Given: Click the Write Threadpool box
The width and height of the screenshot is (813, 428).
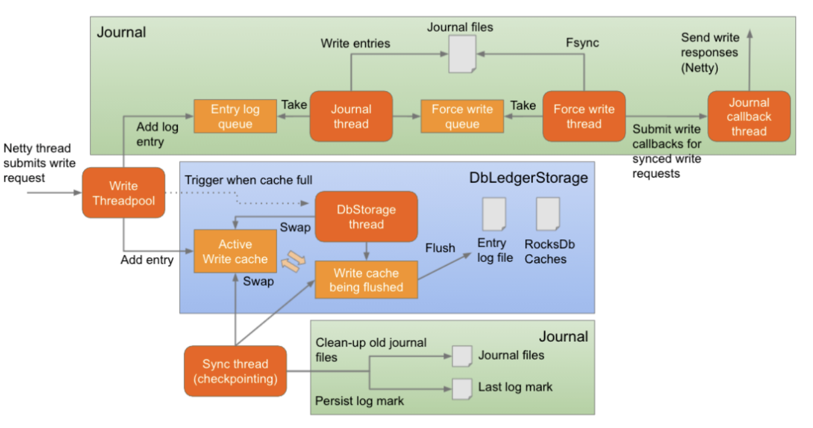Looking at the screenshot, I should coord(123,193).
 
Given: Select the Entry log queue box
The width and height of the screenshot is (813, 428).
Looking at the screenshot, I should coord(235,117).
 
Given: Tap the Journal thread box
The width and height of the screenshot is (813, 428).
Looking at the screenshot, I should coord(351,117).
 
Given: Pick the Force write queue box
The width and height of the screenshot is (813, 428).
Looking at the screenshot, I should coord(462,117).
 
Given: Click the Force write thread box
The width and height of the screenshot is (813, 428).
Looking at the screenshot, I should coord(583,117).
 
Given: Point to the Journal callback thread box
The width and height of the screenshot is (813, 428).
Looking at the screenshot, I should coord(749,117).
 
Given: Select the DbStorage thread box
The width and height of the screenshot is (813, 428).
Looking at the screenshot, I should coord(366,217).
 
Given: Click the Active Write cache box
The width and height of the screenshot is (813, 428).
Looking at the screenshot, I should coord(235,251).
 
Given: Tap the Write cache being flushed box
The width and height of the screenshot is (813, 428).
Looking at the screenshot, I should coord(366,280).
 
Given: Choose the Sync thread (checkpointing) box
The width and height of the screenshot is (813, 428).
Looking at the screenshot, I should coord(235,371).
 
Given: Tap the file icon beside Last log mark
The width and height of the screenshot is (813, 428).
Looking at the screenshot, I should coord(462,388).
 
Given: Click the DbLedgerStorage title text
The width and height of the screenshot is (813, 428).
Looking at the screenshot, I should coord(528,177).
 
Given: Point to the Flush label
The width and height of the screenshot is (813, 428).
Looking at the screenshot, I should coord(440,248).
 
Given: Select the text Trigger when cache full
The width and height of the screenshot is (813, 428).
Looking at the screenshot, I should coord(248,180).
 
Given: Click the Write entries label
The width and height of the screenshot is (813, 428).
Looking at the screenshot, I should coord(355,43).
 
